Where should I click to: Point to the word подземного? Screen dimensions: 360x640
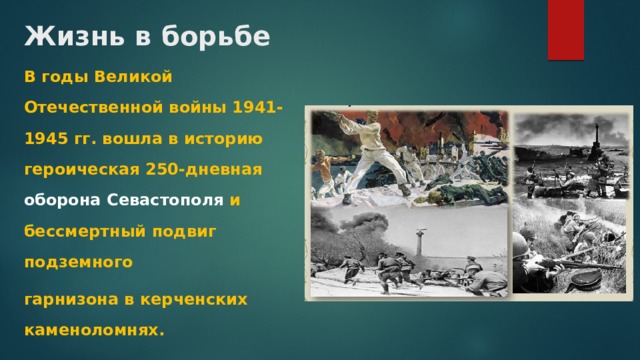72,262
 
